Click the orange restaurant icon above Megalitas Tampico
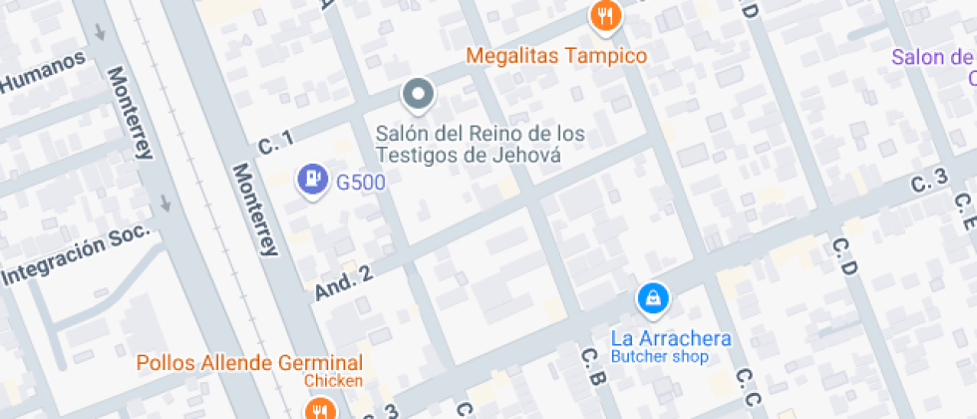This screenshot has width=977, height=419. tap(604, 15)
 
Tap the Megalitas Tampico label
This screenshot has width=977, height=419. tap(557, 55)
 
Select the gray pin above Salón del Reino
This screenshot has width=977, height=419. tap(418, 96)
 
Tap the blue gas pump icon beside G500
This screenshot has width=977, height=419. tap(313, 180)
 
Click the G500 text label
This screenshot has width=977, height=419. tap(360, 182)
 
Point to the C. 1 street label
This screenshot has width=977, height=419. tap(275, 143)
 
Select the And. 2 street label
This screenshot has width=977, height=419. tap(343, 283)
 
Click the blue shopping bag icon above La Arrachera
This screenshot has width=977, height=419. tap(652, 297)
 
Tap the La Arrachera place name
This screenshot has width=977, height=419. tap(671, 338)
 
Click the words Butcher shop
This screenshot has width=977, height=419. tap(659, 356)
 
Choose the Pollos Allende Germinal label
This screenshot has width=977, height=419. tap(249, 362)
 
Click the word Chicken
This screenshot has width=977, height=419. tap(334, 380)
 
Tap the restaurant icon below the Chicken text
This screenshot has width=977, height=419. tap(319, 409)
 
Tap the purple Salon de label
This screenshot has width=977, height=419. tap(933, 57)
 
